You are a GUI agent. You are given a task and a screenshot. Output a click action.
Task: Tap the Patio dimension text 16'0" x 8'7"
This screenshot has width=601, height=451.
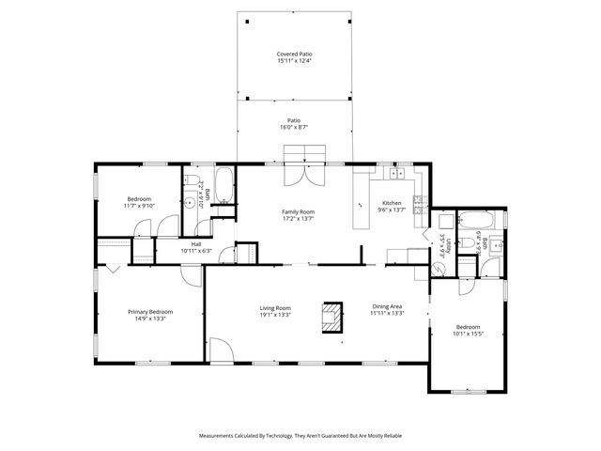tap(293, 126)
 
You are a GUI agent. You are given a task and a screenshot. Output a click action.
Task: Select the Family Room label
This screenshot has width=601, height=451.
tap(298, 212)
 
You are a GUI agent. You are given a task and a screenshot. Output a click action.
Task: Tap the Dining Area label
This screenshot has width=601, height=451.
tap(388, 307)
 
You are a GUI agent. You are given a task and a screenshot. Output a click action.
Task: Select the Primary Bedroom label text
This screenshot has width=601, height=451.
tap(150, 312)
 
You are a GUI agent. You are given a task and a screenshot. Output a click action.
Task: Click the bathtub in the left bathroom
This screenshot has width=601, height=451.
tap(223, 187)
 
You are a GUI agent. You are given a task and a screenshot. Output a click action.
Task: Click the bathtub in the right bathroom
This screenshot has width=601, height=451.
tap(476, 224)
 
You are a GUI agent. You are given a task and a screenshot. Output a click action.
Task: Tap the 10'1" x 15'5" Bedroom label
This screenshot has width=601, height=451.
tap(467, 331)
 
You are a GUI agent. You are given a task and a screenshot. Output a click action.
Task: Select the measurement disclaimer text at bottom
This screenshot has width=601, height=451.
tap(300, 436)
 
